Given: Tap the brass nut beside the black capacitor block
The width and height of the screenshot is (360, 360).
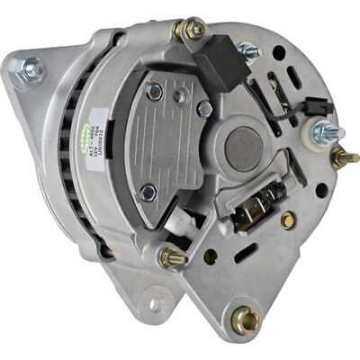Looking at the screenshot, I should pos(192,31).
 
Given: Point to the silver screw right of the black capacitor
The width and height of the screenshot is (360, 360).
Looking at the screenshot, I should pos(247,51).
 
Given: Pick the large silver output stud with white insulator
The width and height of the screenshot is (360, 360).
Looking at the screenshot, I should pos(326,132).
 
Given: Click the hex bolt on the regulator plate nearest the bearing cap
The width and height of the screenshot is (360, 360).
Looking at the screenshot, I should pos(204,108).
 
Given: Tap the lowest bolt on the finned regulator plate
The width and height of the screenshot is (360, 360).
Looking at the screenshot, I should pos(148,192).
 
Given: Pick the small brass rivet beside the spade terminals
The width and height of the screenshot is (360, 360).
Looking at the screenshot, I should pos(286,220).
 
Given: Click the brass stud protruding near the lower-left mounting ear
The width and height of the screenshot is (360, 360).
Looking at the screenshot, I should pos(173,259).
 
